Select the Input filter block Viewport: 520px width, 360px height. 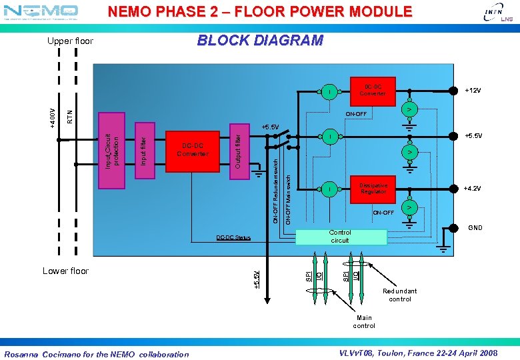click(143, 149)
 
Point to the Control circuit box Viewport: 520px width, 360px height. click(341, 236)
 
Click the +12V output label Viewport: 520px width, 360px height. click(473, 90)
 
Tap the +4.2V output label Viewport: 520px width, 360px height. click(473, 189)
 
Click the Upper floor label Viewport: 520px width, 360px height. click(70, 41)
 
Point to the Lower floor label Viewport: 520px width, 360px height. click(65, 271)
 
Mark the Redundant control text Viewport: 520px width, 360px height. click(400, 295)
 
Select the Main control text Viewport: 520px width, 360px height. click(364, 321)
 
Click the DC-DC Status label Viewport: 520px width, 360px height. click(233, 237)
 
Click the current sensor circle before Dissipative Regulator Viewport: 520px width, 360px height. click(329, 190)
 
